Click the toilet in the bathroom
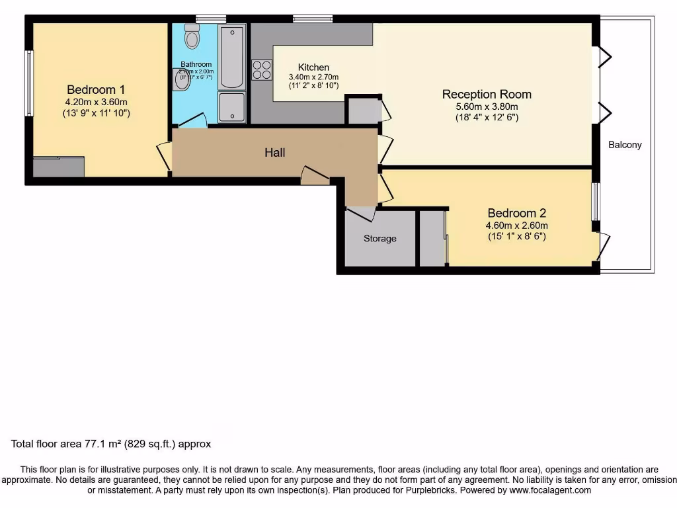click(x=192, y=37)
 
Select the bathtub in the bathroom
click(x=231, y=57)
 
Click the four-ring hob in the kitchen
click(x=262, y=69)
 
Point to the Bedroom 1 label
click(x=96, y=89)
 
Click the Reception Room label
click(x=487, y=94)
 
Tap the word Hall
click(x=275, y=153)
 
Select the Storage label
click(x=380, y=238)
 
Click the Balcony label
click(x=625, y=145)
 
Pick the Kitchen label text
click(x=313, y=67)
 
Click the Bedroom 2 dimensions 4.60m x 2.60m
click(x=516, y=225)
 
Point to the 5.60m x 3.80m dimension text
click(x=487, y=106)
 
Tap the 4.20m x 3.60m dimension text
click(x=96, y=102)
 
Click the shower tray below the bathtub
click(x=231, y=107)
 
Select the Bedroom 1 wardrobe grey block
click(x=58, y=166)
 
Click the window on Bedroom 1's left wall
click(x=29, y=83)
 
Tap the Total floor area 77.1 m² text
click(x=111, y=444)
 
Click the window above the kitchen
click(x=313, y=19)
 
